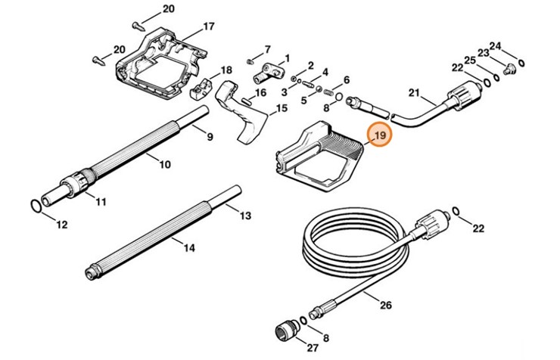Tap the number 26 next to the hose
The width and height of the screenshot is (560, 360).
pyautogui.click(x=386, y=306)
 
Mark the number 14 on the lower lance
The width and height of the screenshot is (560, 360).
pyautogui.click(x=188, y=247)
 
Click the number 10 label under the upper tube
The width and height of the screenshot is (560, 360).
pyautogui.click(x=165, y=163)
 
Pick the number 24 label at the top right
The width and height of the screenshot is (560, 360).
pyautogui.click(x=516, y=46)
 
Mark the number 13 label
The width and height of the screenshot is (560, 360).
pyautogui.click(x=245, y=216)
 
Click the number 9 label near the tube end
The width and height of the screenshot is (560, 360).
pyautogui.click(x=209, y=137)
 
